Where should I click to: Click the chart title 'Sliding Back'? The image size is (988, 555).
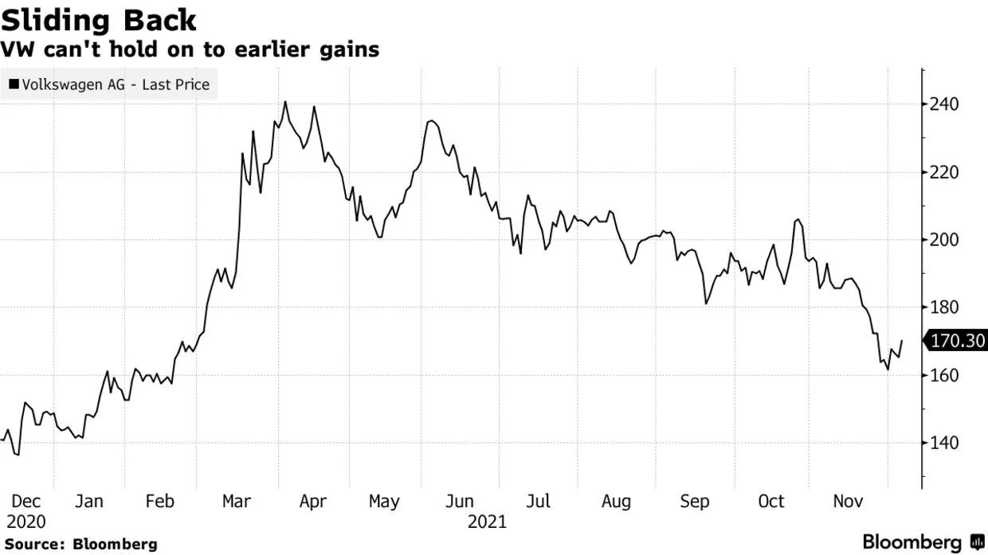click(x=99, y=20)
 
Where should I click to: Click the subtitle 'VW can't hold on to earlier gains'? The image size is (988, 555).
click(x=190, y=49)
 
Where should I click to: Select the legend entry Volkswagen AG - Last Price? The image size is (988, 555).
click(x=110, y=84)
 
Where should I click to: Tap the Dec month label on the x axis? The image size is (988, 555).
click(x=26, y=502)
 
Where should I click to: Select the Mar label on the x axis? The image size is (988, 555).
click(x=236, y=502)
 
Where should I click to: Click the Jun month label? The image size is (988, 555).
click(x=460, y=502)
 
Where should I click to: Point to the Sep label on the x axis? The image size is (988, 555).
click(x=695, y=502)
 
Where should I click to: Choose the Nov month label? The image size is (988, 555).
click(x=849, y=502)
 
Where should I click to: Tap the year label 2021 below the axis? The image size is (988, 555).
click(x=487, y=522)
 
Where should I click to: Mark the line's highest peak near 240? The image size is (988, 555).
click(x=285, y=102)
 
